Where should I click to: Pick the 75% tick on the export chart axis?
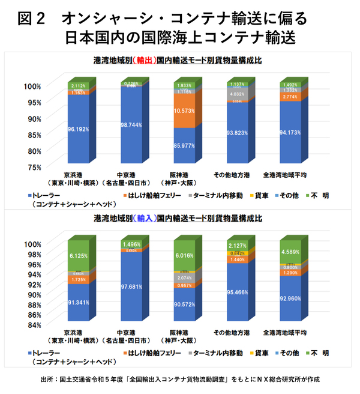tap(34, 166)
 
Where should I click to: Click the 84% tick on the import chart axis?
tap(34, 325)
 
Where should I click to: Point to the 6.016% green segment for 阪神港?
tap(184, 255)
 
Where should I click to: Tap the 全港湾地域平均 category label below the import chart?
tap(286, 332)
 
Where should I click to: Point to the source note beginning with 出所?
tap(180, 380)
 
